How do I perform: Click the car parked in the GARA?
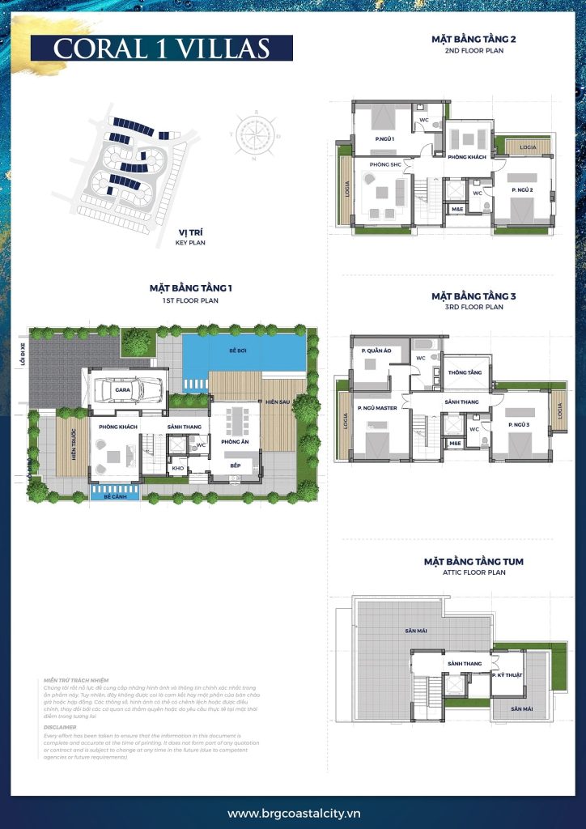pyautogui.click(x=135, y=389)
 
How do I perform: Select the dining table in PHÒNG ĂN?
pyautogui.click(x=236, y=421)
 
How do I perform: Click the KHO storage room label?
pyautogui.click(x=179, y=468)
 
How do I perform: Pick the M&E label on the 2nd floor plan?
pyautogui.click(x=457, y=209)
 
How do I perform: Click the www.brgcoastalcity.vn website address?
pyautogui.click(x=294, y=813)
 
